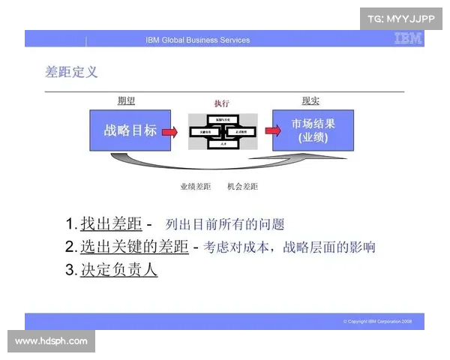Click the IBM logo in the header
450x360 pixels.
(408, 39)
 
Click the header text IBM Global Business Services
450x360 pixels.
(198, 40)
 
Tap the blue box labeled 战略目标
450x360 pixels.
(130, 130)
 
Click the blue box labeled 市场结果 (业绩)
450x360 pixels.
(313, 130)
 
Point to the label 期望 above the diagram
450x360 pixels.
(126, 101)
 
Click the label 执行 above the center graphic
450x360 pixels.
(221, 103)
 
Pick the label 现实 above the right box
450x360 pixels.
(310, 101)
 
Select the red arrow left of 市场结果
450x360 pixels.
(263, 131)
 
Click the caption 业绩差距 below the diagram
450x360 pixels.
(195, 186)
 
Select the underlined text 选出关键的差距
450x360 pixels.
(134, 246)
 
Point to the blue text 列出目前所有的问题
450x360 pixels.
(225, 224)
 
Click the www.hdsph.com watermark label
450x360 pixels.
(51, 341)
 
